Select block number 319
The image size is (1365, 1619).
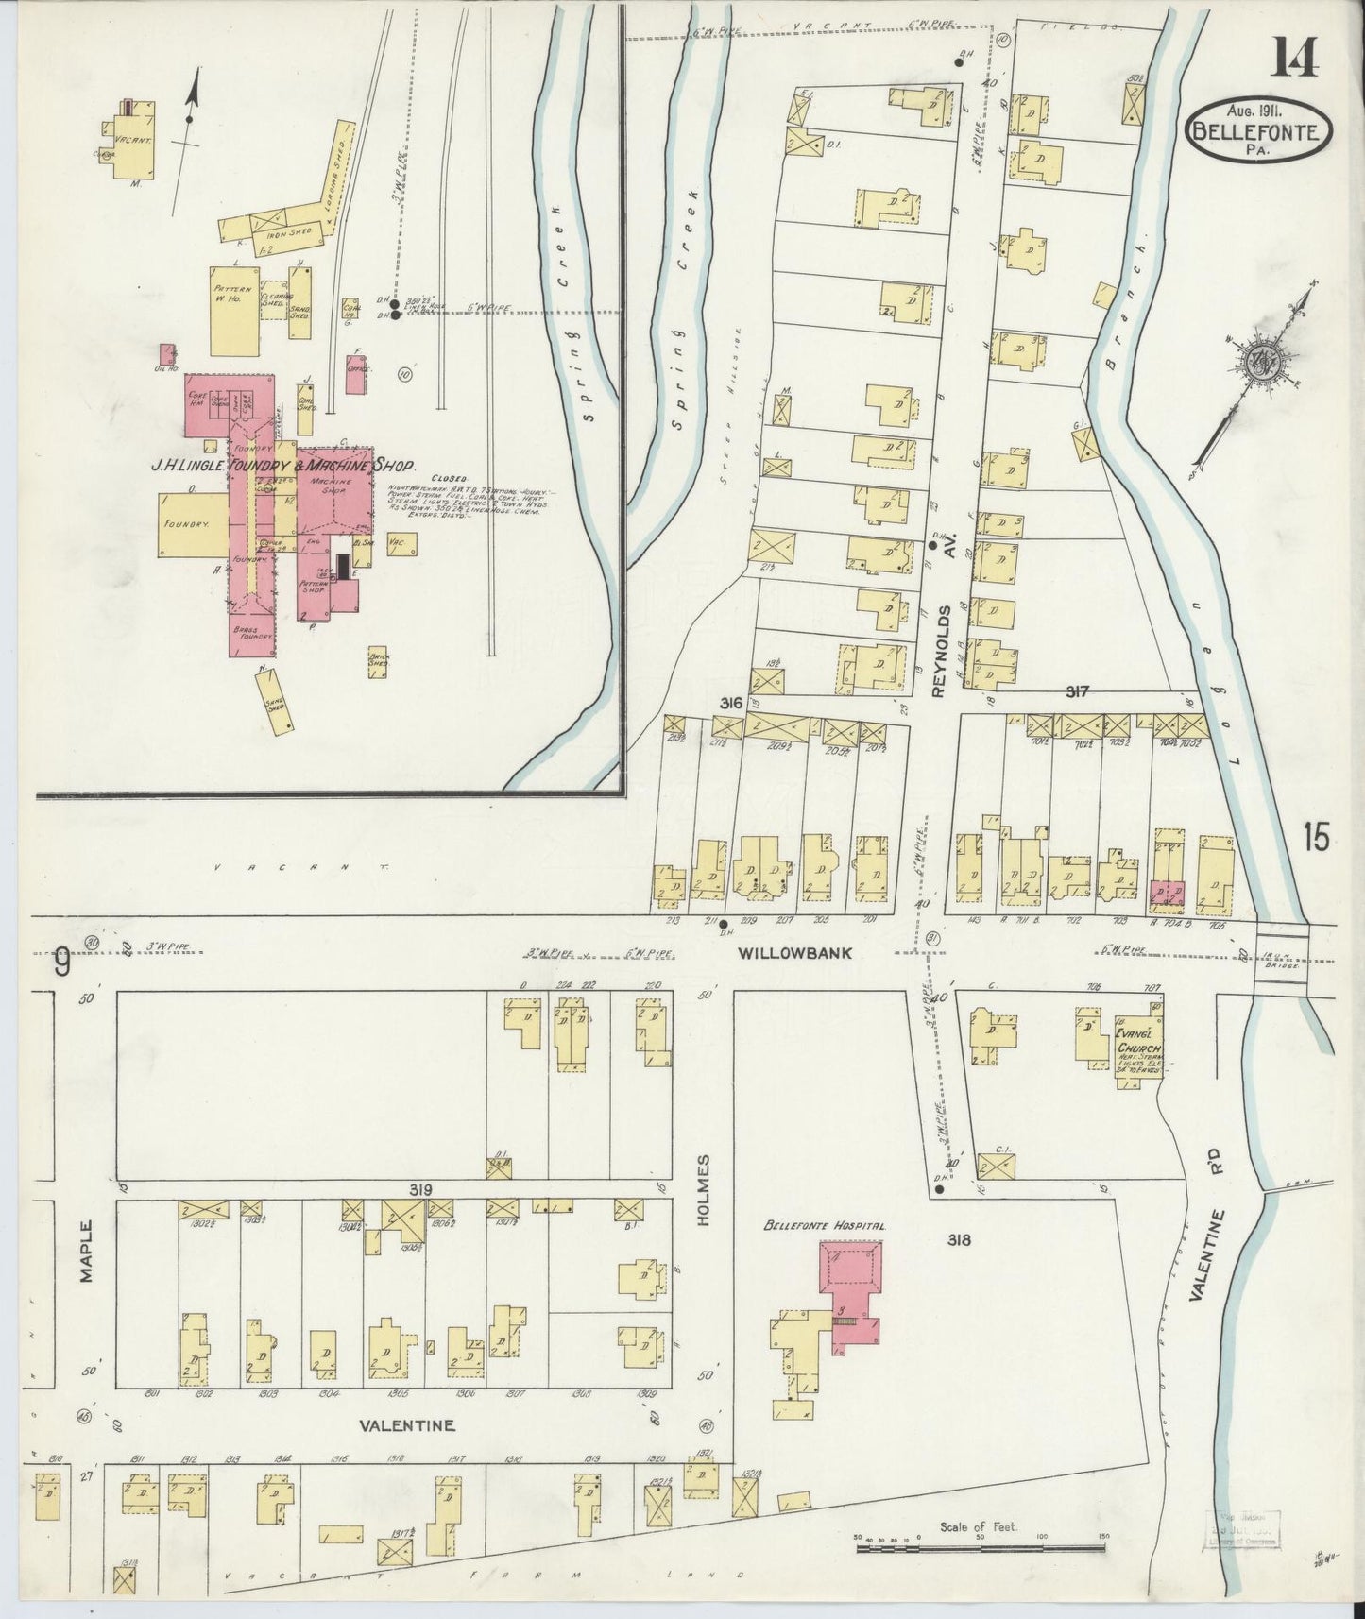[419, 1189]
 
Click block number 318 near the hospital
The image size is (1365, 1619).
[961, 1240]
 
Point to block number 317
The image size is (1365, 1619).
[1077, 691]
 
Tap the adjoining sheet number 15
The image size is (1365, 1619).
[1316, 837]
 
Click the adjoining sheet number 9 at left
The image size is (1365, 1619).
[61, 965]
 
